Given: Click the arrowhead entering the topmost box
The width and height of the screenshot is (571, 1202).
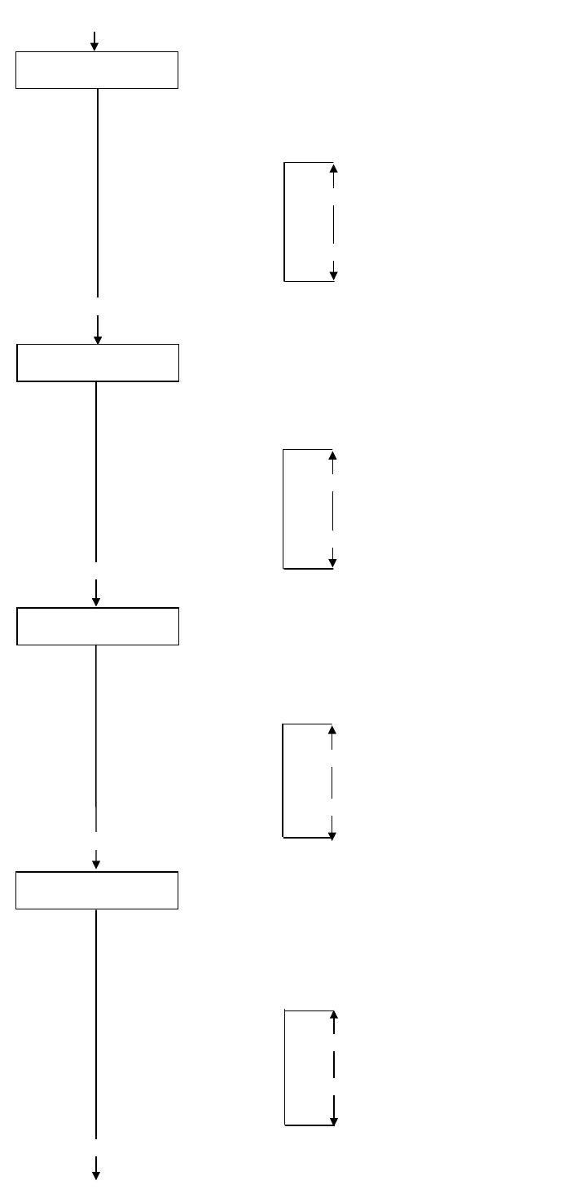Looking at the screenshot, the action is click(94, 46).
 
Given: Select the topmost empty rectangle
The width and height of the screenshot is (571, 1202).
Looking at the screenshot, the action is click(97, 70).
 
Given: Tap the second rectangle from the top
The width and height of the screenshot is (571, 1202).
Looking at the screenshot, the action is click(98, 363).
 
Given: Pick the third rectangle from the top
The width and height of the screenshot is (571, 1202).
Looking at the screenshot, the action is click(98, 626).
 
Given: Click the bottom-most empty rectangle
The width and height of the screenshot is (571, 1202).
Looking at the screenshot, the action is click(97, 890).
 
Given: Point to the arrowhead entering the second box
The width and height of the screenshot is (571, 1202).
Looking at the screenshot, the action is click(98, 340).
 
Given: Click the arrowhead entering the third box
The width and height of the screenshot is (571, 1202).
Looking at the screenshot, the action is click(96, 602).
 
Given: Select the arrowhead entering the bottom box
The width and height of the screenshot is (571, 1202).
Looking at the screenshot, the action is click(96, 865).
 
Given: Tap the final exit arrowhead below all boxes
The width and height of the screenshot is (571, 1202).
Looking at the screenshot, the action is click(96, 1175).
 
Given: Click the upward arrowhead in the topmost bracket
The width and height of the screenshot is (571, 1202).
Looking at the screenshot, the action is click(333, 168).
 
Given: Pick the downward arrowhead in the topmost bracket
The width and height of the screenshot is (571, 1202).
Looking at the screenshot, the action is click(333, 276).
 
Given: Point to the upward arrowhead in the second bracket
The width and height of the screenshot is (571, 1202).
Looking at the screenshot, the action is click(332, 456).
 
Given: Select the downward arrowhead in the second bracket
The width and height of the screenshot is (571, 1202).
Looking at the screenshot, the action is click(332, 563).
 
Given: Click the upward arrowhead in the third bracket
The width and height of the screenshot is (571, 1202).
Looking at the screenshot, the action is click(332, 730).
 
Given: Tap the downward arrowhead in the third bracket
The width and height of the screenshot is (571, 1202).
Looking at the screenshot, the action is click(332, 835).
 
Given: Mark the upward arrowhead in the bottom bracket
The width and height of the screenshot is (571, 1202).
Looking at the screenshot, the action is click(334, 1015).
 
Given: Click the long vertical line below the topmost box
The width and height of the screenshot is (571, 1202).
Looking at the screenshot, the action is click(98, 192).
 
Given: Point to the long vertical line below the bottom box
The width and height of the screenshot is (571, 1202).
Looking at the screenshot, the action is click(96, 1024).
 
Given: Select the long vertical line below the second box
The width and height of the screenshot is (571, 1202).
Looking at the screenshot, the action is click(96, 471).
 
